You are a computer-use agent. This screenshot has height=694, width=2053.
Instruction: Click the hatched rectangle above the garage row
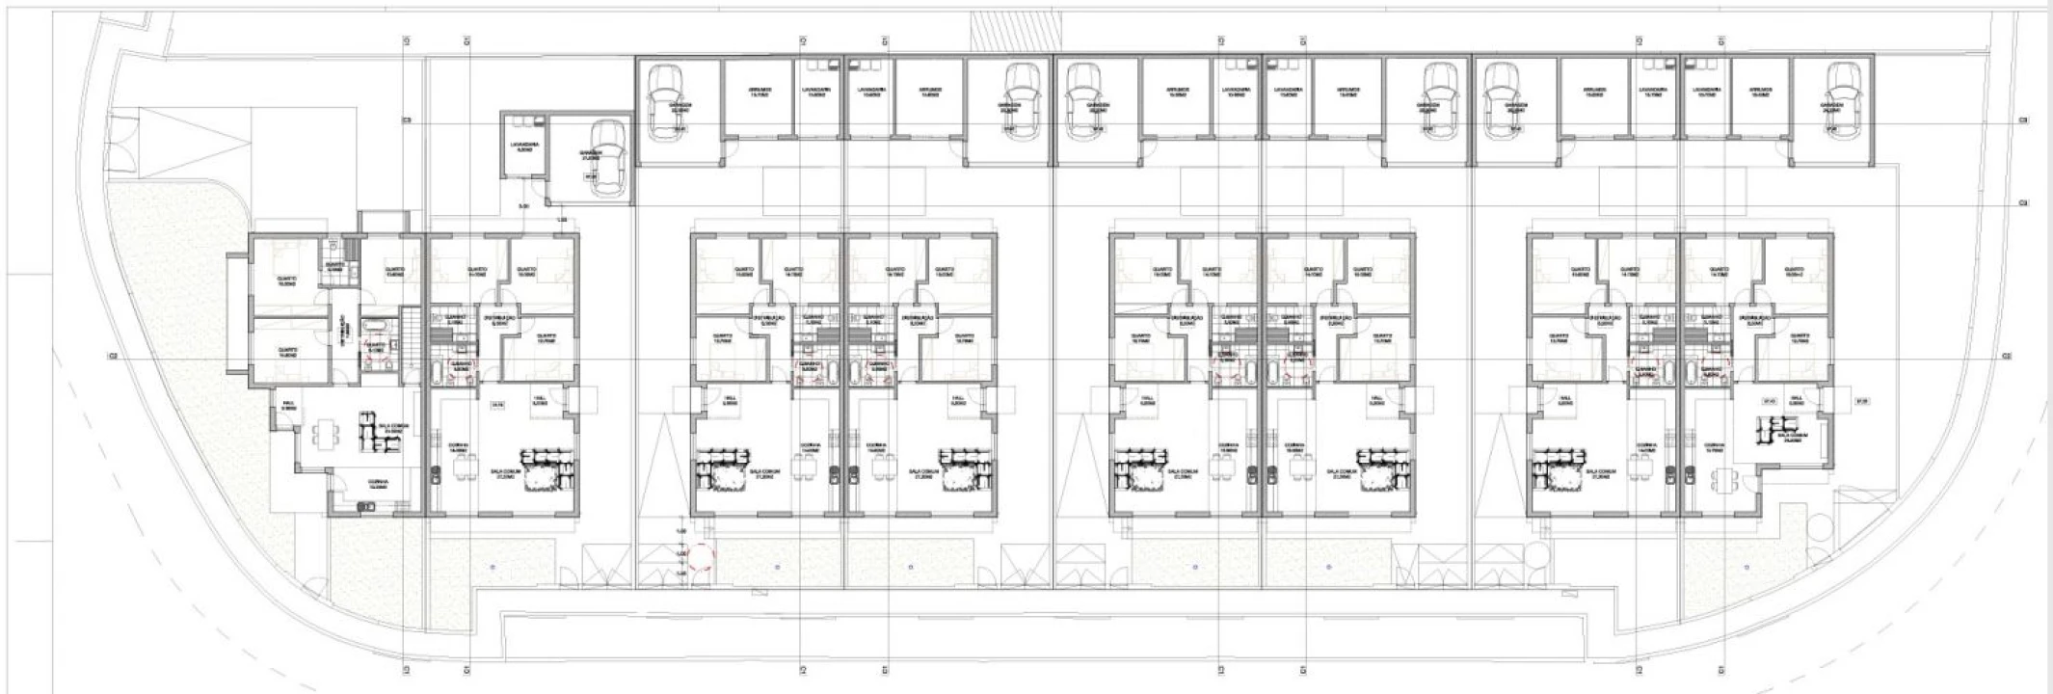point(1013,34)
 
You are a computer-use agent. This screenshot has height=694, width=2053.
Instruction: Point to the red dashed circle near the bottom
point(701,556)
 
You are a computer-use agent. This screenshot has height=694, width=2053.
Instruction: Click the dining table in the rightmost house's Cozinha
point(1721,479)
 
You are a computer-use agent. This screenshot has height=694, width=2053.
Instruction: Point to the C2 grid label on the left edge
point(112,357)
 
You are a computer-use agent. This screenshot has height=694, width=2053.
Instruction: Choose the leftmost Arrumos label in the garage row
point(760,93)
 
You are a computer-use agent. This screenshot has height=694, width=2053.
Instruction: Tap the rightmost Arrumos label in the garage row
point(1761,93)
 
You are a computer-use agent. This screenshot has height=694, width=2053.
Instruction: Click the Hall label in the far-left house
point(287,406)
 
